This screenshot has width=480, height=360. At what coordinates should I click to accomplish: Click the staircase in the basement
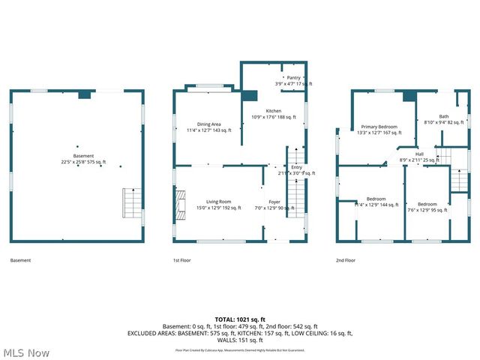(132, 203)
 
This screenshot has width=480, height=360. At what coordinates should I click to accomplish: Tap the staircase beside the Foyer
(295, 193)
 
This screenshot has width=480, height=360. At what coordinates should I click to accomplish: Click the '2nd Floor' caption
(346, 260)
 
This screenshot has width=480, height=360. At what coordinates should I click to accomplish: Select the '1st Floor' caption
(181, 260)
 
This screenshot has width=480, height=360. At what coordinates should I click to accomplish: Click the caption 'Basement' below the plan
(20, 260)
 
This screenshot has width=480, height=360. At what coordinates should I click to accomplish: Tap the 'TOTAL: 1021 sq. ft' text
(240, 319)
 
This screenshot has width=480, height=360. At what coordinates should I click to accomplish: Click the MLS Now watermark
(25, 352)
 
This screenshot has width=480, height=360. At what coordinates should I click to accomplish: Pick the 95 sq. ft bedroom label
(427, 207)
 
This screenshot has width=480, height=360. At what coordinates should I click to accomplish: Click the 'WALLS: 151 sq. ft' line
(240, 339)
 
